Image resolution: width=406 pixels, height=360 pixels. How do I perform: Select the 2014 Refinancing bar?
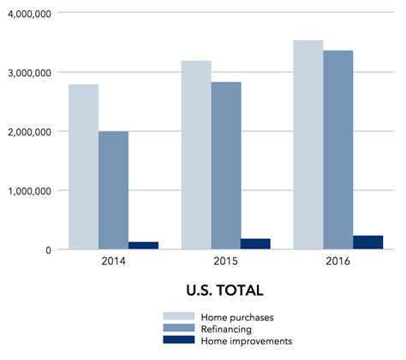(113, 190)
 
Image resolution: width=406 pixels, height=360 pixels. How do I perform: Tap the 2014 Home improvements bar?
(143, 245)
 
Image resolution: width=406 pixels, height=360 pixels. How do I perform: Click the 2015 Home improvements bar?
(255, 243)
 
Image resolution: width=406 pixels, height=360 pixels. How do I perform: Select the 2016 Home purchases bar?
(308, 145)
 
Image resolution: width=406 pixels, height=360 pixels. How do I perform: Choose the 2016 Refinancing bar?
(337, 150)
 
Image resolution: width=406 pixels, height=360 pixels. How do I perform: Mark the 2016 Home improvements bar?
(367, 242)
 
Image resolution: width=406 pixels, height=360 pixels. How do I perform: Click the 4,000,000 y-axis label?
(28, 14)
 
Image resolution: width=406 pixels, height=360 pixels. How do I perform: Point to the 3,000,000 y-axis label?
(28, 73)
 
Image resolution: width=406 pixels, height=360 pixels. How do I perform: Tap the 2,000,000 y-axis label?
(28, 132)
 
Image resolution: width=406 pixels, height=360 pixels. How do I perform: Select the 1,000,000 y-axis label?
(28, 190)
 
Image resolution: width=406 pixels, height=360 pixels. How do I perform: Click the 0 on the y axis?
(51, 249)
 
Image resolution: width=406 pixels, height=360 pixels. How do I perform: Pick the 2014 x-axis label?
(113, 261)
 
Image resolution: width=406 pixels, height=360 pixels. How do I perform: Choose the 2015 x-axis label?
(225, 261)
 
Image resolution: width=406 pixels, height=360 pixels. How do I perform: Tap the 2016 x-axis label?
(337, 261)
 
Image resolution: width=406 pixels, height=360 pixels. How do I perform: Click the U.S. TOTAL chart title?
(224, 290)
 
